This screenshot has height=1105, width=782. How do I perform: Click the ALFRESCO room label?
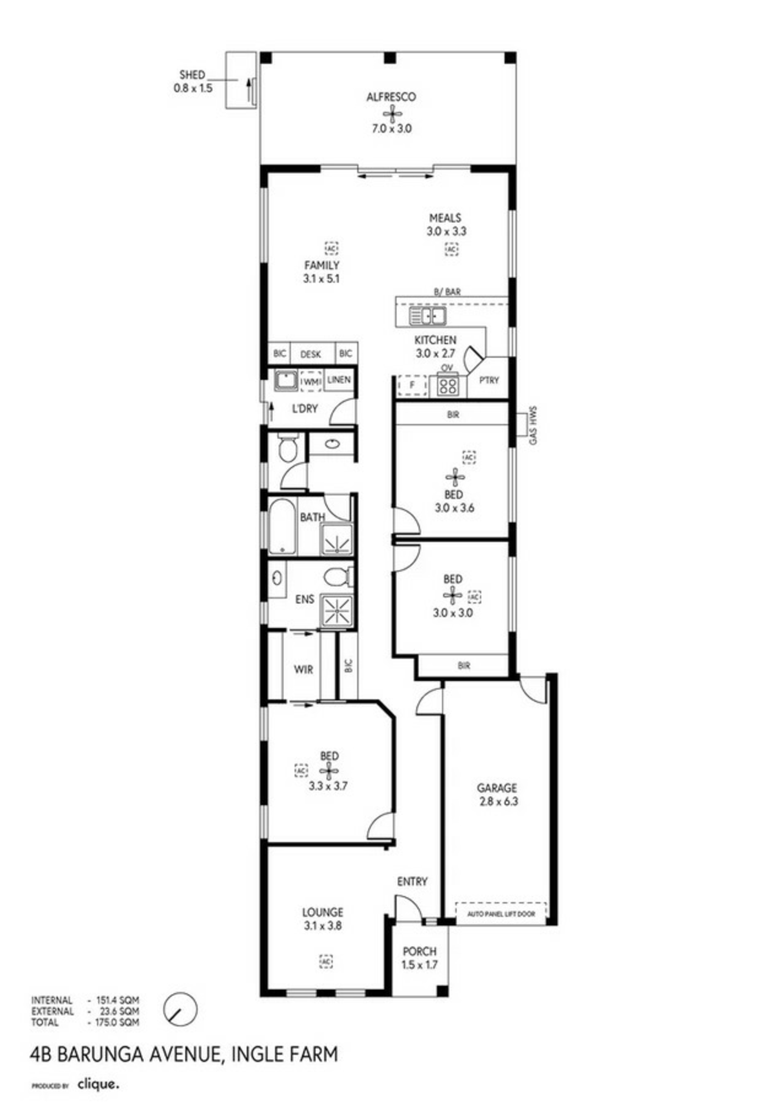point(391,97)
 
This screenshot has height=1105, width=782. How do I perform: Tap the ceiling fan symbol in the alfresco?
point(393,114)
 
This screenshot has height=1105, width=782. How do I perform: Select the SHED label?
point(192,75)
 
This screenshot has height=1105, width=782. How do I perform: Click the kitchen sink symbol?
point(428,316)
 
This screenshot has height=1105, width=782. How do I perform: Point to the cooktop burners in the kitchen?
point(449,385)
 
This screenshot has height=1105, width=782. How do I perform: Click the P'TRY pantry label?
point(489,380)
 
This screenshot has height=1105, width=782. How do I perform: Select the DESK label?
point(311,354)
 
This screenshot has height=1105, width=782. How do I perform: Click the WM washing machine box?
point(311,381)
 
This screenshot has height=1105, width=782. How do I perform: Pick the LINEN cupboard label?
point(339,380)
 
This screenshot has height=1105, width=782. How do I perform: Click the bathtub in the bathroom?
point(282,526)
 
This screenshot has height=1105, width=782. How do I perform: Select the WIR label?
point(303,669)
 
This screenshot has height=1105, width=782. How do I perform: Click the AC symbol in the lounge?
point(326,961)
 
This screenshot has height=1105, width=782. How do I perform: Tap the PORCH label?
point(420,951)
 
